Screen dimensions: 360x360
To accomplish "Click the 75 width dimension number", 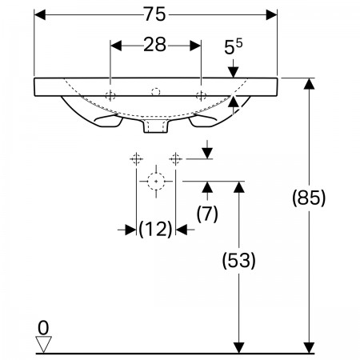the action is [x=155, y=14].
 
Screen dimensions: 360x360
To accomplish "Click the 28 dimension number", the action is [x=155, y=45].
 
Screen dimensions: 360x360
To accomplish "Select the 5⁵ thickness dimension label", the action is [x=234, y=46].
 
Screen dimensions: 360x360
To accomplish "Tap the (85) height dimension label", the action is [x=309, y=198].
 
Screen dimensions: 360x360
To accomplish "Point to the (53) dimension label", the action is [x=238, y=260].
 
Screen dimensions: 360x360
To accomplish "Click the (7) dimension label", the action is [x=207, y=214].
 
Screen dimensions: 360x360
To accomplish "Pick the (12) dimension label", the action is [x=155, y=229].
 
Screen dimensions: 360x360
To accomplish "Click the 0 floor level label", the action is [x=43, y=328].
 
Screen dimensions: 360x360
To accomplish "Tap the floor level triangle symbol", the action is [x=43, y=344].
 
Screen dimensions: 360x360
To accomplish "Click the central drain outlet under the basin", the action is [x=156, y=126].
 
